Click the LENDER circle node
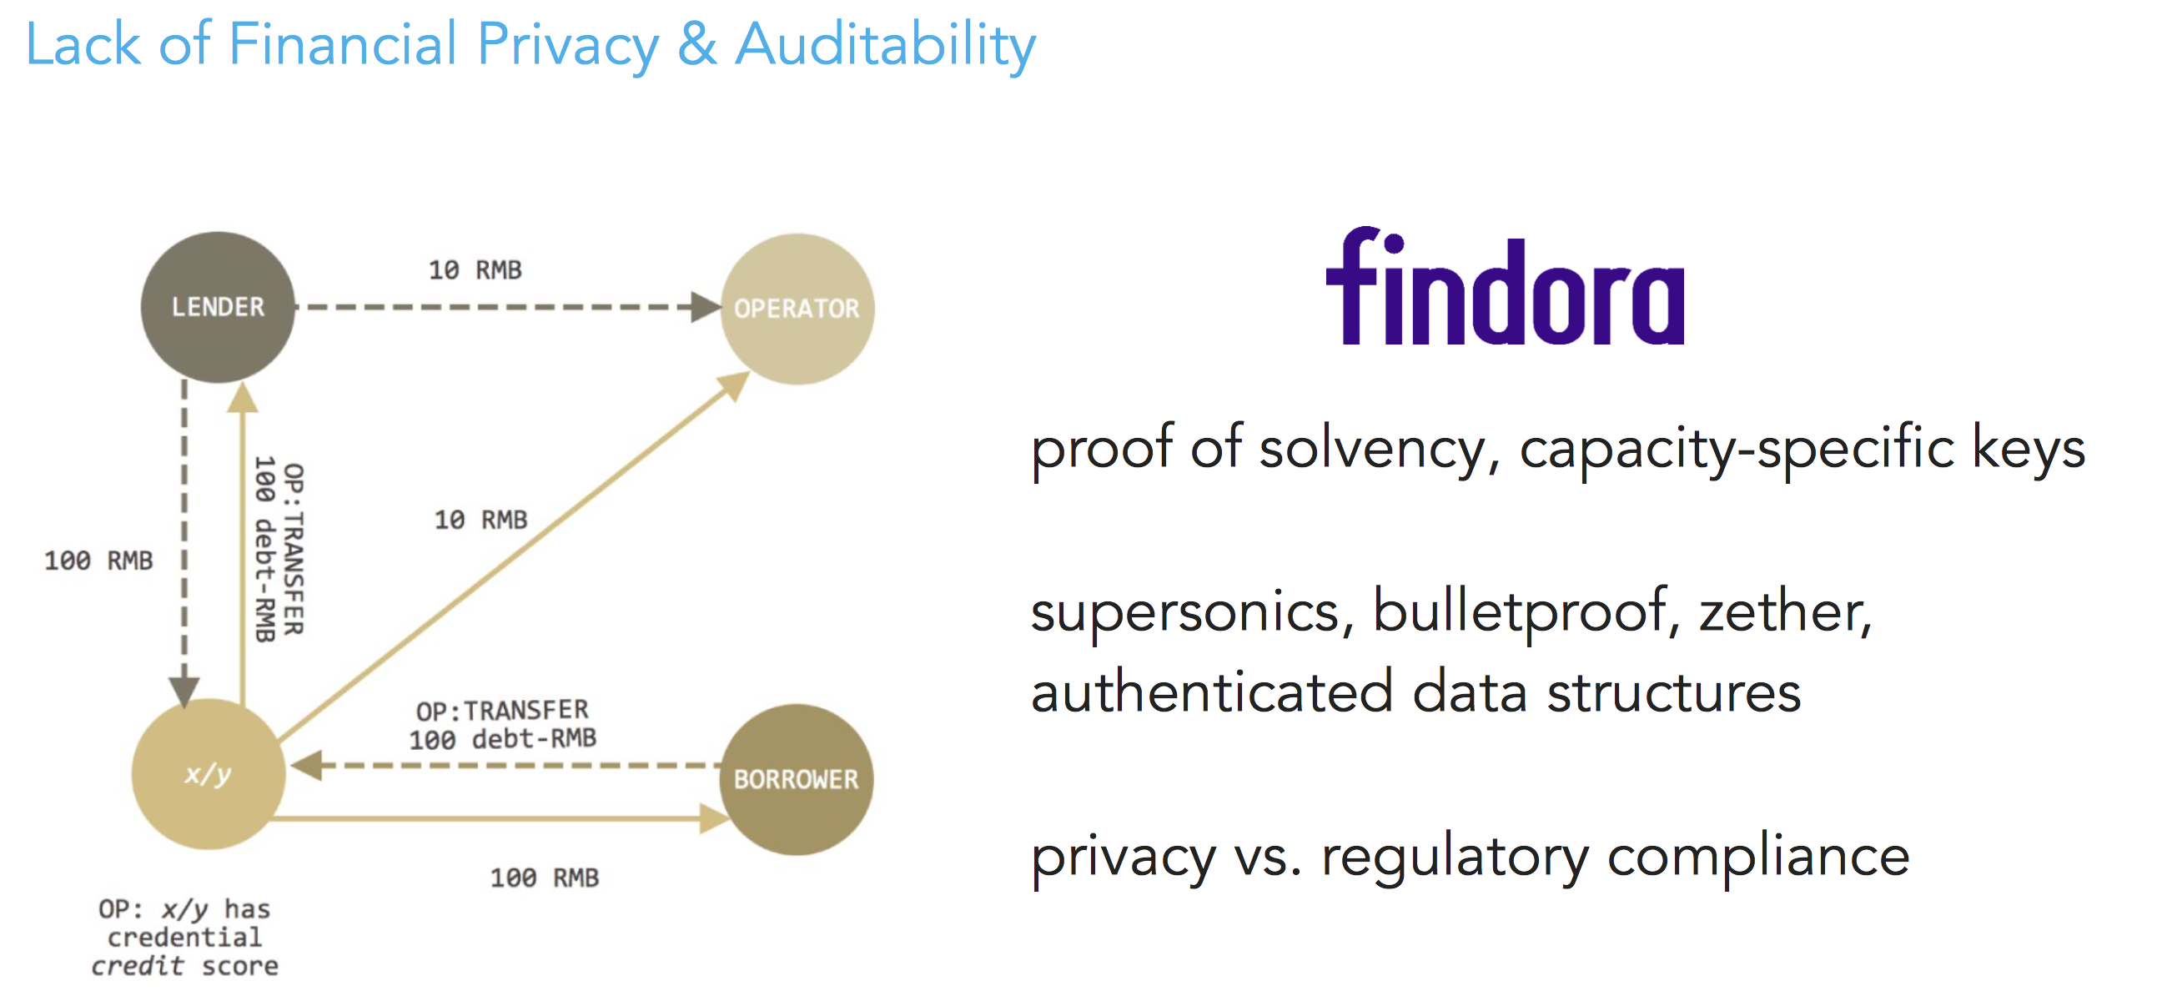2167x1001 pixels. coord(218,307)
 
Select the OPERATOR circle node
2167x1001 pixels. coord(797,309)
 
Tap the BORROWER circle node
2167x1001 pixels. coord(796,779)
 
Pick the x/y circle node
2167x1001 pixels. coord(208,774)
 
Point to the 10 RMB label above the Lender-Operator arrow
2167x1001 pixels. coord(475,270)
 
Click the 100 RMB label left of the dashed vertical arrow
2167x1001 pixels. coord(98,561)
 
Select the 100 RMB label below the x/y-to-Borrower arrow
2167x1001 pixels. coord(545,878)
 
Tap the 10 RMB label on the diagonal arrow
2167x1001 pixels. coord(480,520)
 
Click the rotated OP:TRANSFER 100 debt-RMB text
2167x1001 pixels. coord(279,548)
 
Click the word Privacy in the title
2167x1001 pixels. coord(568,45)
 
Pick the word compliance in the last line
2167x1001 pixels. coord(1758,858)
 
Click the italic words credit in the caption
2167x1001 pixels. coord(137,966)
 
